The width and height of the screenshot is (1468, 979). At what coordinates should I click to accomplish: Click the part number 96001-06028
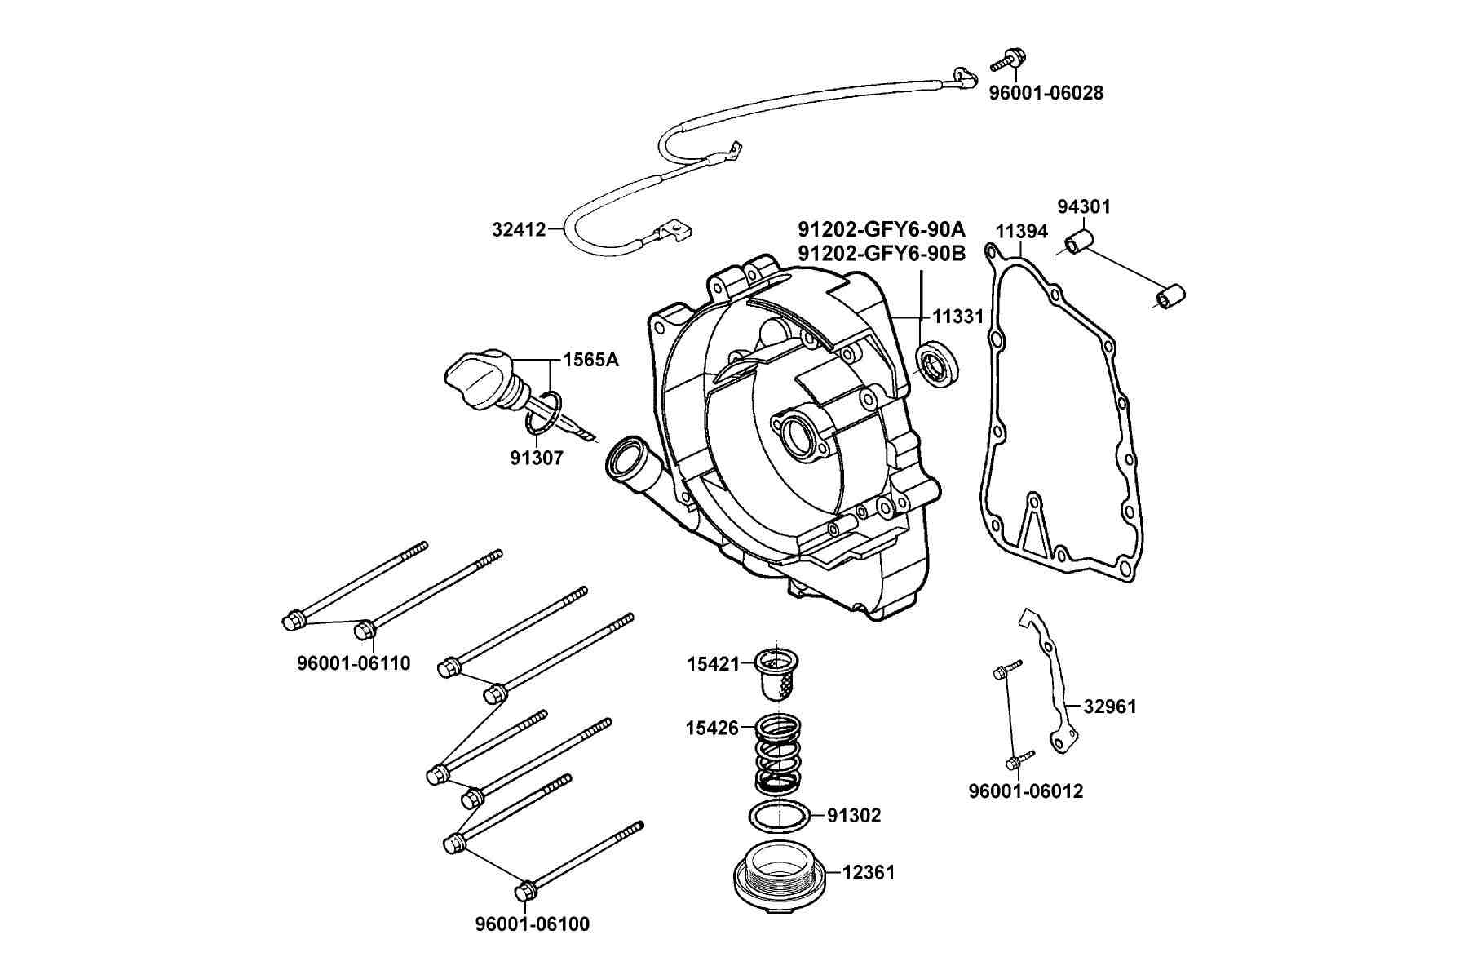[1046, 93]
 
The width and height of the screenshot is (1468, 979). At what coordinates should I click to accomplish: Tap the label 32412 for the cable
[519, 229]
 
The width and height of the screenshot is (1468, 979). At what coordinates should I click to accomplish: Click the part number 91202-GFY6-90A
[882, 228]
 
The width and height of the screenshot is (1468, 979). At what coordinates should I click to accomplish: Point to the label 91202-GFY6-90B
[882, 254]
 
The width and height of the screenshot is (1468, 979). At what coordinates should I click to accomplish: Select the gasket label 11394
[1022, 232]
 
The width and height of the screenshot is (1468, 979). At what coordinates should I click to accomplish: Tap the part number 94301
[1084, 206]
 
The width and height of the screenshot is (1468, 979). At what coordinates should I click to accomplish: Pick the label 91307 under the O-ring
[537, 458]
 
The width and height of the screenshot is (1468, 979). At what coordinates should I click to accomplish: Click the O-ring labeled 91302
[779, 815]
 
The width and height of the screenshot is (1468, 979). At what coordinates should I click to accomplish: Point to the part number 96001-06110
[354, 663]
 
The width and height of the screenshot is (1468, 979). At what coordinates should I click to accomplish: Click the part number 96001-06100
[533, 924]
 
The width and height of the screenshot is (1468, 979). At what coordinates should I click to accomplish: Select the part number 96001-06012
[1026, 791]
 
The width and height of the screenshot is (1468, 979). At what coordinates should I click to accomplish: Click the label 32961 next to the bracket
[1110, 707]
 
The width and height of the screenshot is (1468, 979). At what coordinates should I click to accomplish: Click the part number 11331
[959, 316]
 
